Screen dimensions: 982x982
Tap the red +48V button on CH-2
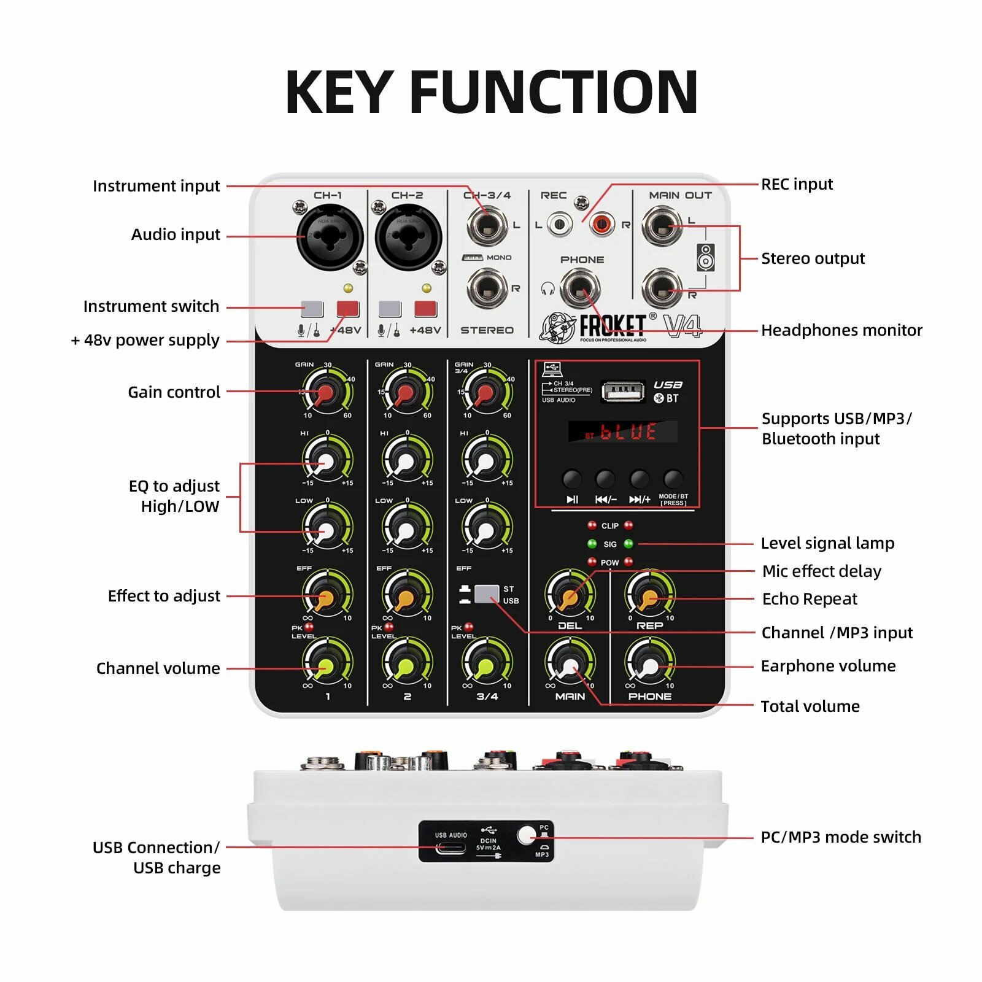click(x=425, y=309)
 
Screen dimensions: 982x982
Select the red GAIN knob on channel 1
click(x=325, y=392)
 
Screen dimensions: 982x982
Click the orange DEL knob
click(x=570, y=596)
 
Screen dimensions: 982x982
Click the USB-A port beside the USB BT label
click(x=623, y=391)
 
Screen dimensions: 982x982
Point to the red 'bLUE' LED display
click(x=622, y=431)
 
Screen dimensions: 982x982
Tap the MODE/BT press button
click(x=673, y=478)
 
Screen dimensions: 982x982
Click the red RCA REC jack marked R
click(x=601, y=225)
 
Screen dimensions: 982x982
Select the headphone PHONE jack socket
click(x=581, y=288)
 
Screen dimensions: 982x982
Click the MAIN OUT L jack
click(x=661, y=225)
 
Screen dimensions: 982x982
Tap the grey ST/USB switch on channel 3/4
click(x=487, y=594)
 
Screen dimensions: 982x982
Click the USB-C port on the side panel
click(x=450, y=849)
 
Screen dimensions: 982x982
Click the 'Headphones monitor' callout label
click(x=841, y=330)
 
